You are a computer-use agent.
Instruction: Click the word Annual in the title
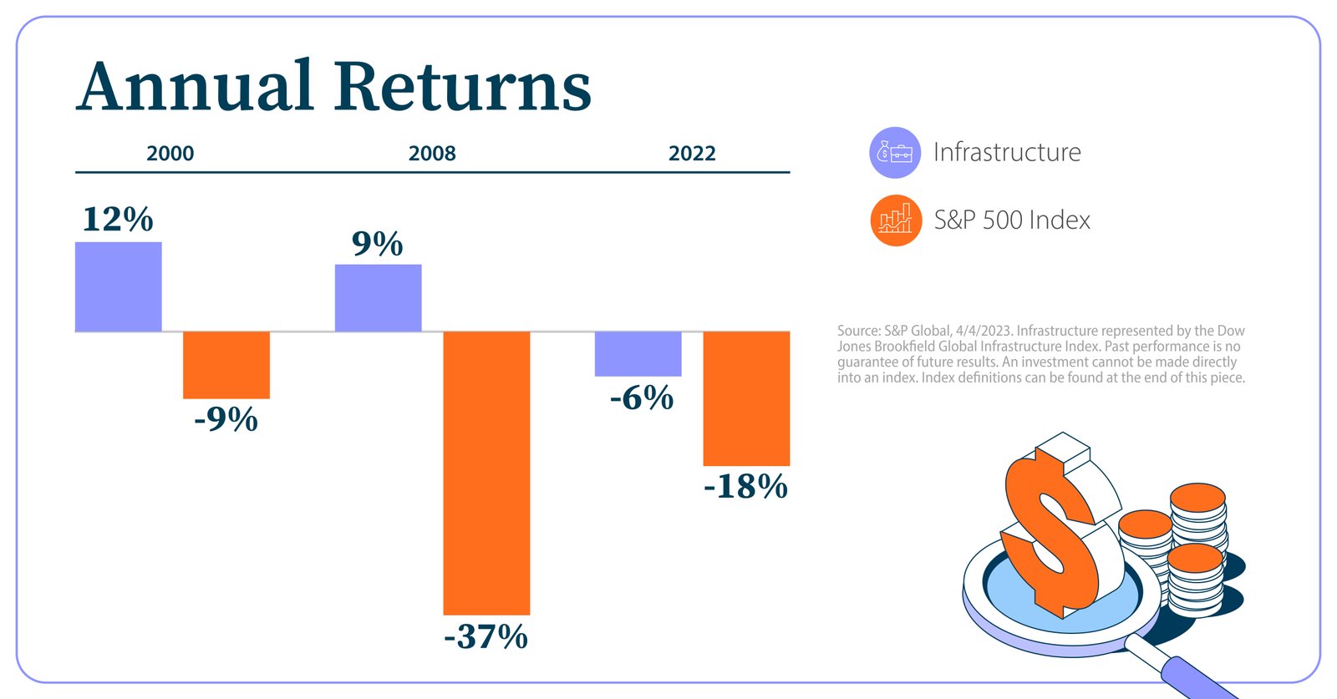(x=195, y=86)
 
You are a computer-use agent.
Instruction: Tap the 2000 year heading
(x=170, y=154)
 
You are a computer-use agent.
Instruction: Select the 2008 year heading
(x=432, y=154)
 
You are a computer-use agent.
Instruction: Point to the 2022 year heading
(x=692, y=154)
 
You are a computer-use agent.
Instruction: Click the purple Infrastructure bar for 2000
(x=118, y=286)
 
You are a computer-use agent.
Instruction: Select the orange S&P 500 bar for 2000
(x=226, y=365)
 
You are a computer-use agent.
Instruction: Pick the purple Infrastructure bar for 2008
(x=378, y=297)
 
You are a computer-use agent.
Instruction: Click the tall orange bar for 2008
(x=486, y=472)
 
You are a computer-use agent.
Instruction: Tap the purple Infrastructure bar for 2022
(x=638, y=353)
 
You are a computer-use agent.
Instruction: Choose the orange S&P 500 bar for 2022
(x=746, y=398)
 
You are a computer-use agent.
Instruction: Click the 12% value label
(x=118, y=220)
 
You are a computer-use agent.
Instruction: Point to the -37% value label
(x=486, y=637)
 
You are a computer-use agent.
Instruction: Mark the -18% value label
(x=745, y=486)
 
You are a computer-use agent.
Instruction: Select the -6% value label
(x=641, y=398)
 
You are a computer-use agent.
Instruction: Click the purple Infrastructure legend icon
(x=895, y=153)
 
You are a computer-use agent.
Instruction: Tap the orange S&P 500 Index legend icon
(x=895, y=220)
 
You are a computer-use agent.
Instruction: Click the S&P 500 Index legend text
(x=1012, y=220)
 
